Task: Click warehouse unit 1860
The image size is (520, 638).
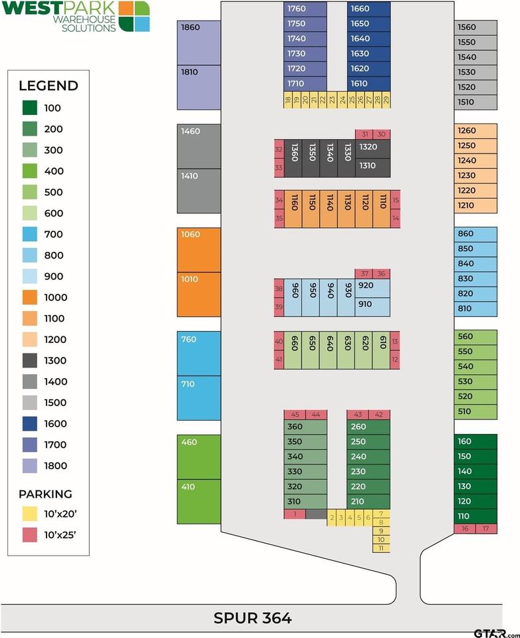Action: click(199, 43)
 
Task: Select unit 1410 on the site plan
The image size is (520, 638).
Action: click(199, 191)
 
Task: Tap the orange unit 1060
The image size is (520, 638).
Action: click(199, 250)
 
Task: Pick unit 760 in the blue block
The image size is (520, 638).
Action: click(199, 353)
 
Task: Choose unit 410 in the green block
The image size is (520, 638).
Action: click(199, 502)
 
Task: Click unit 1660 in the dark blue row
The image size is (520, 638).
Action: click(368, 9)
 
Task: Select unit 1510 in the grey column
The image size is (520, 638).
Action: click(475, 102)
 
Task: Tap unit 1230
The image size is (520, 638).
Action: click(475, 175)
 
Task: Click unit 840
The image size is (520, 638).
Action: click(475, 264)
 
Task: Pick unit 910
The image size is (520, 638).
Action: click(372, 307)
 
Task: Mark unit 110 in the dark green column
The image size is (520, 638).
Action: click(475, 516)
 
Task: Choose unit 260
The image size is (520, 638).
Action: click(368, 427)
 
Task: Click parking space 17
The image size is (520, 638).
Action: click(486, 529)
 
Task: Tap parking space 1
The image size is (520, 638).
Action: click(295, 514)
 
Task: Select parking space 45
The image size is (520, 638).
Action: click(295, 415)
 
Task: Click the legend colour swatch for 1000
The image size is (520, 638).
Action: click(30, 298)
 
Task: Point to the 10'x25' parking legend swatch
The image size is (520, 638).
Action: click(30, 535)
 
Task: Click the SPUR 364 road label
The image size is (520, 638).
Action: click(253, 618)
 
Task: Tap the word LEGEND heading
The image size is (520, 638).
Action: click(49, 86)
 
